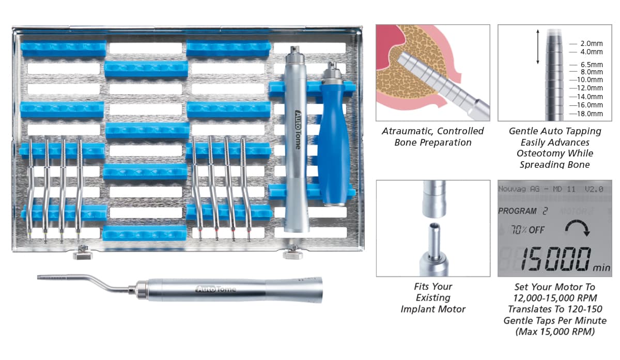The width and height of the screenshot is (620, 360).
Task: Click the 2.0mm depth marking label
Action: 591,44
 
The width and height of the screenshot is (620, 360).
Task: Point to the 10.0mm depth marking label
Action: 590,80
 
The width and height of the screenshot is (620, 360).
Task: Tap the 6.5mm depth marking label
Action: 591,65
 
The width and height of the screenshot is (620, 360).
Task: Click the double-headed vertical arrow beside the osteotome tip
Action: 538,47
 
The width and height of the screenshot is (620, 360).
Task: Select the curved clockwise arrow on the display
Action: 577,229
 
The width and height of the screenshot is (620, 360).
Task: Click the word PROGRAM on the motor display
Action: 518,211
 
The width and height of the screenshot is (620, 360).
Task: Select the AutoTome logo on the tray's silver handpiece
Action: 297,129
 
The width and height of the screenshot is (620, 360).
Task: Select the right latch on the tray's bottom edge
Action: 292,255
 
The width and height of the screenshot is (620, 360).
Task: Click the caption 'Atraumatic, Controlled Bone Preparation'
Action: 432,137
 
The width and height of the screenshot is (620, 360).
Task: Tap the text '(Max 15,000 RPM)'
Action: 554,332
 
